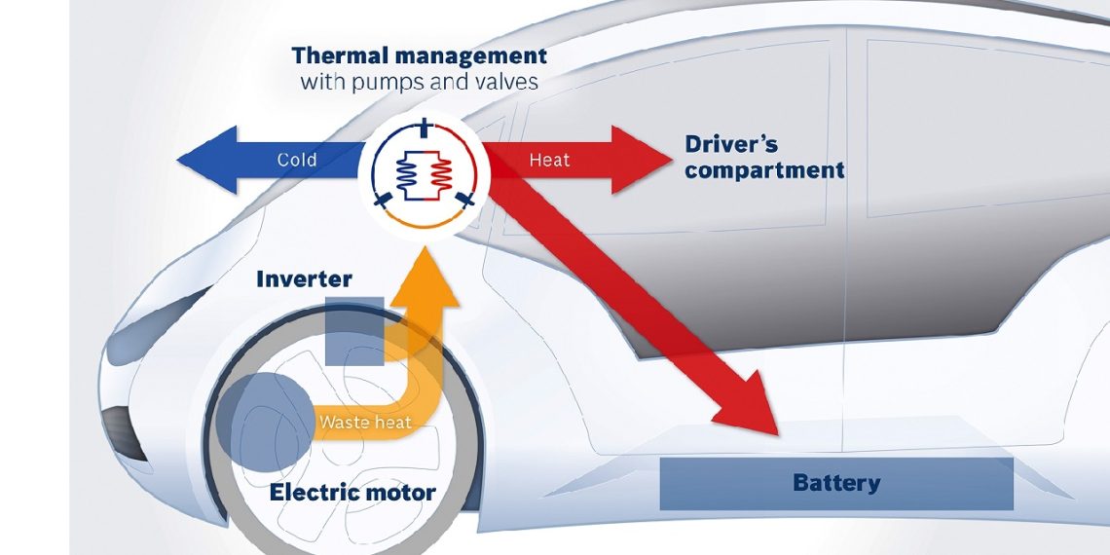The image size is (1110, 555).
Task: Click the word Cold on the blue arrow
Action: (297, 160)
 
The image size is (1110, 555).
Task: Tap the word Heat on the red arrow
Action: (549, 160)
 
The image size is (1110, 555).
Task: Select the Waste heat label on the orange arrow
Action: (365, 423)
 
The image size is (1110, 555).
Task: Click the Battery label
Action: (836, 483)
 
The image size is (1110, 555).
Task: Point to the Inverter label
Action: (304, 280)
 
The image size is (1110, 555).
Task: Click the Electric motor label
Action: (352, 493)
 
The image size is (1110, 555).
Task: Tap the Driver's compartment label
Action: (763, 157)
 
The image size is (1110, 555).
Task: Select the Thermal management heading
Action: (420, 55)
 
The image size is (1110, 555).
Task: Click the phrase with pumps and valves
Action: (420, 82)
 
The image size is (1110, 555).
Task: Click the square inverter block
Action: (354, 332)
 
